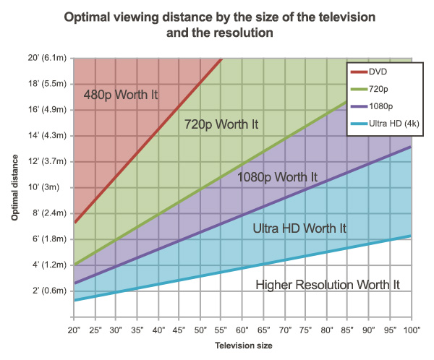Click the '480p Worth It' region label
pyautogui.click(x=120, y=95)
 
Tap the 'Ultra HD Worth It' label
pyautogui.click(x=299, y=228)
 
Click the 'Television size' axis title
pyautogui.click(x=243, y=346)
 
